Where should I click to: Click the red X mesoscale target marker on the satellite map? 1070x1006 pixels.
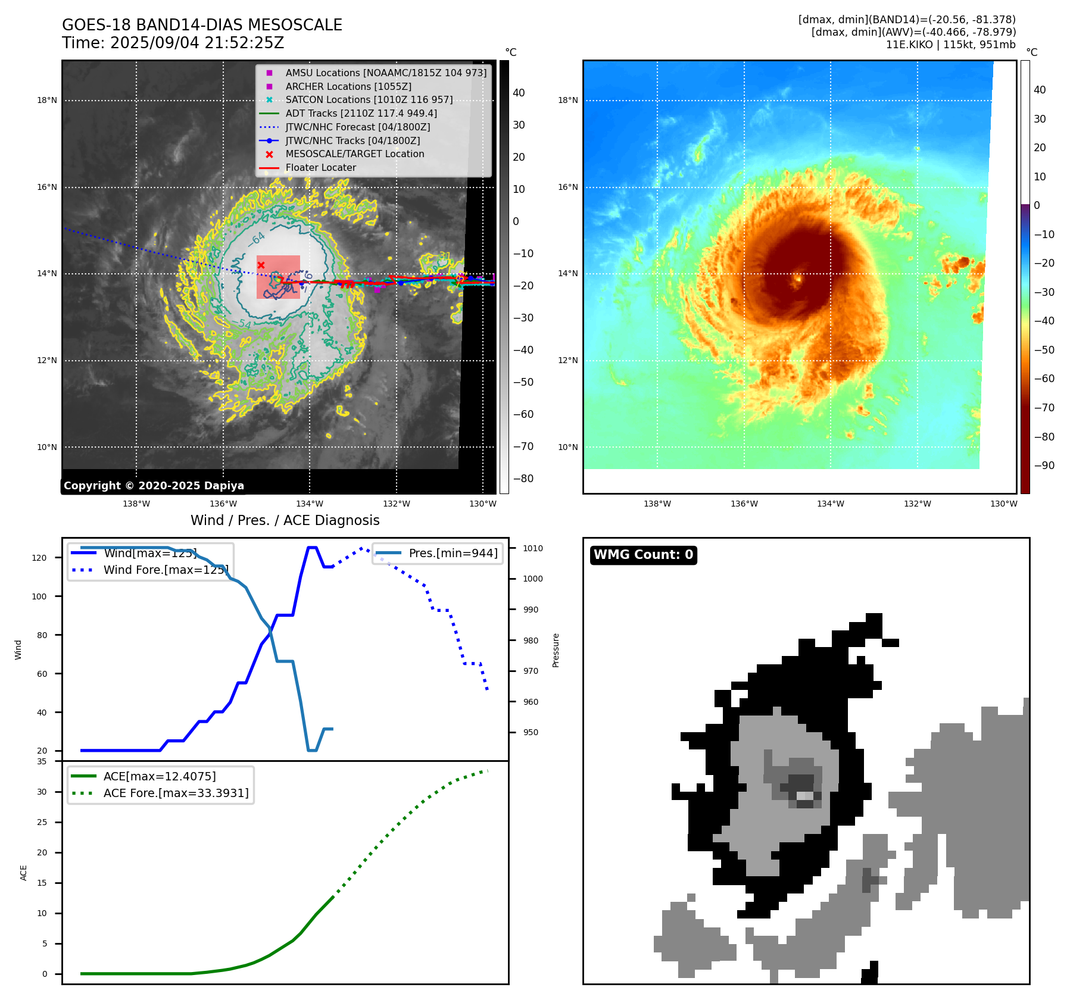(x=261, y=265)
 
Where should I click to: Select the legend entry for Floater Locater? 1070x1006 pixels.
(x=320, y=168)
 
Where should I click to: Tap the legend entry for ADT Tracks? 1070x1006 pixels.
(x=361, y=113)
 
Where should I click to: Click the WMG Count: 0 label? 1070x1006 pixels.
(x=643, y=555)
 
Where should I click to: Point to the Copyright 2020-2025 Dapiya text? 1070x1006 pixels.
(x=154, y=486)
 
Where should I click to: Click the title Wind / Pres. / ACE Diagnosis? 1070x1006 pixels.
(x=285, y=520)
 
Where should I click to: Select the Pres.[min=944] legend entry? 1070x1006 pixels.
(x=453, y=553)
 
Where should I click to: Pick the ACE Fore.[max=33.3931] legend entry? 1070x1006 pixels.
(x=176, y=793)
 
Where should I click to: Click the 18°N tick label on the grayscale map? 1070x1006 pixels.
(x=47, y=100)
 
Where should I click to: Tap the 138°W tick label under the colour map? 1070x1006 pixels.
(x=657, y=504)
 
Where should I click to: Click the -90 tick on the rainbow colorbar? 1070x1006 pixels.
(x=1044, y=465)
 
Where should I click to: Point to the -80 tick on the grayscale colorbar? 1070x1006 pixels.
(x=523, y=479)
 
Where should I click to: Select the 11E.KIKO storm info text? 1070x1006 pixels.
(x=950, y=45)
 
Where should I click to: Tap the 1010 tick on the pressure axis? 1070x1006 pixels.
(x=533, y=548)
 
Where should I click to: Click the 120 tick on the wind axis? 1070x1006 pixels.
(x=39, y=558)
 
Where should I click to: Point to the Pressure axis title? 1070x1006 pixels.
(x=556, y=650)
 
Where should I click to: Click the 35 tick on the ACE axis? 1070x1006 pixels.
(x=42, y=761)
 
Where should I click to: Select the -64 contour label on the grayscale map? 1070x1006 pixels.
(x=257, y=239)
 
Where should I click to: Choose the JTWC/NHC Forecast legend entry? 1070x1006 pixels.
(x=357, y=127)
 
